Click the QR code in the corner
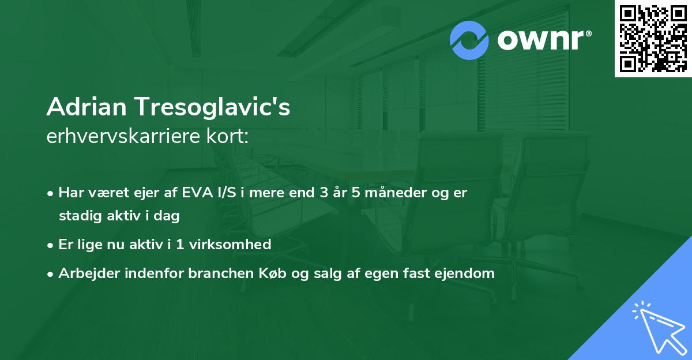[x=653, y=39]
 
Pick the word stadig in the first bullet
[x=77, y=216]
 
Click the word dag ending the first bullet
[x=169, y=216]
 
